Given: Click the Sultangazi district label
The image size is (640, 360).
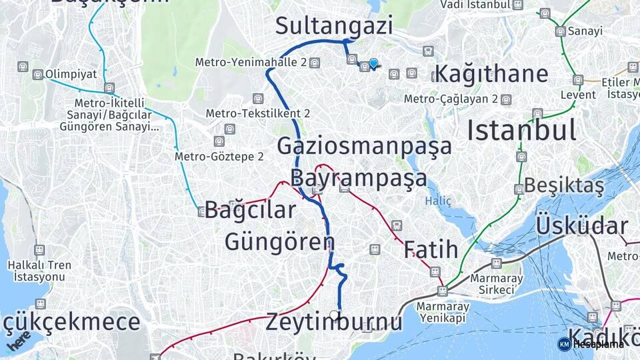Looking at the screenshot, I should pyautogui.click(x=333, y=27).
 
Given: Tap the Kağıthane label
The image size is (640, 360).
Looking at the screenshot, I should pyautogui.click(x=491, y=73).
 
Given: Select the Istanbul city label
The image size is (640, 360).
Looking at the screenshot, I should pyautogui.click(x=521, y=129).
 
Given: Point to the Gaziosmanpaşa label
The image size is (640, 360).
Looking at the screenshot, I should pyautogui.click(x=364, y=145).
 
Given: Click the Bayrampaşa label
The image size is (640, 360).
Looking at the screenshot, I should pyautogui.click(x=359, y=178).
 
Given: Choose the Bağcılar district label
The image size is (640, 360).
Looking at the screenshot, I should pyautogui.click(x=250, y=210).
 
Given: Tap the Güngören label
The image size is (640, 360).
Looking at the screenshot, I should pyautogui.click(x=279, y=241).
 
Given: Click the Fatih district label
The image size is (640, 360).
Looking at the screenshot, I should pyautogui.click(x=431, y=249).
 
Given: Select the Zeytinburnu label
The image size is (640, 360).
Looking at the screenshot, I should pyautogui.click(x=334, y=323).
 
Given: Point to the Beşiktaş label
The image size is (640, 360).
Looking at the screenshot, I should pyautogui.click(x=564, y=185).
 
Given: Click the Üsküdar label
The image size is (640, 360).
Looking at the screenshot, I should pyautogui.click(x=581, y=225).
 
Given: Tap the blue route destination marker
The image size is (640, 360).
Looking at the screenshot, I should pyautogui.click(x=373, y=63).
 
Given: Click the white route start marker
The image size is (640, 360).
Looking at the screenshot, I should pyautogui.click(x=334, y=315).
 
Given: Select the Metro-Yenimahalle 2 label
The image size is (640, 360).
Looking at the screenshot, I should pyautogui.click(x=251, y=62).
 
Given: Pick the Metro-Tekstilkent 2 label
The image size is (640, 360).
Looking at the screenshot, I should pyautogui.click(x=257, y=113).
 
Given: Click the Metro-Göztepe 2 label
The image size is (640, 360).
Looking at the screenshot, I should pyautogui.click(x=219, y=157).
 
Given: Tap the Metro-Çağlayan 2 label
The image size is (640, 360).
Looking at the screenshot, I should pyautogui.click(x=451, y=99).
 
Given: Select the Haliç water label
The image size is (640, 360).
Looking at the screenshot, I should pyautogui.click(x=439, y=201).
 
